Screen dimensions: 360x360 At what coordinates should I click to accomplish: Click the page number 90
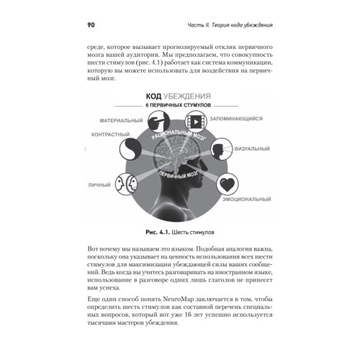tap(91, 25)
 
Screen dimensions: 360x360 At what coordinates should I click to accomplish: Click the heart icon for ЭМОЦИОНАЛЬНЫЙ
tap(228, 184)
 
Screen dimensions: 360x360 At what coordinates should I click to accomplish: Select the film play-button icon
tap(196, 122)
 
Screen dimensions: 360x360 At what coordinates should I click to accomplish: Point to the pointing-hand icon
tap(158, 122)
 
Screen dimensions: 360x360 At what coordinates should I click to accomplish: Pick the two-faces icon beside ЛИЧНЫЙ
tap(126, 184)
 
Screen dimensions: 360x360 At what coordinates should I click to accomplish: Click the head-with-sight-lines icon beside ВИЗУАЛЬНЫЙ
tap(222, 149)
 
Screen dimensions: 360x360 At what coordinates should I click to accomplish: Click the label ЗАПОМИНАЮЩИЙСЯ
tap(236, 119)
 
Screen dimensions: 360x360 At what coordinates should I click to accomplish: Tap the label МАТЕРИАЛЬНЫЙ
tap(121, 120)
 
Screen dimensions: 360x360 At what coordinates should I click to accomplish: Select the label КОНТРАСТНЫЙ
tap(110, 135)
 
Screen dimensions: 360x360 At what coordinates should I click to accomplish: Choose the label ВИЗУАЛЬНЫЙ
tap(252, 148)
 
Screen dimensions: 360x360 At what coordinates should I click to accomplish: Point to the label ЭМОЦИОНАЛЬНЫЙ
tap(247, 199)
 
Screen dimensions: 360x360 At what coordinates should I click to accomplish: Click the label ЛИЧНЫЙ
tap(99, 185)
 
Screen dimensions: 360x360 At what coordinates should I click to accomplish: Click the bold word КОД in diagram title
tap(153, 96)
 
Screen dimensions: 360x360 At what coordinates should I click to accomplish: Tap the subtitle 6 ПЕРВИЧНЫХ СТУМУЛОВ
tap(179, 105)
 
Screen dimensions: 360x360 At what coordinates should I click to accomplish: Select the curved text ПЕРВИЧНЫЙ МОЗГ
tap(179, 175)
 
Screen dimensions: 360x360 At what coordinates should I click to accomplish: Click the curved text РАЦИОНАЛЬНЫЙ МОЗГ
tap(179, 135)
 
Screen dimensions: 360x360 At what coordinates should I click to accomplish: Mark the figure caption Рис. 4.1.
tap(158, 232)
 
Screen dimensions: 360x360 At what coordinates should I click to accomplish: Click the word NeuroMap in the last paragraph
tap(179, 299)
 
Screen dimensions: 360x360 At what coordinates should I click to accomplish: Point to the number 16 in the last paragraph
tap(189, 315)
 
